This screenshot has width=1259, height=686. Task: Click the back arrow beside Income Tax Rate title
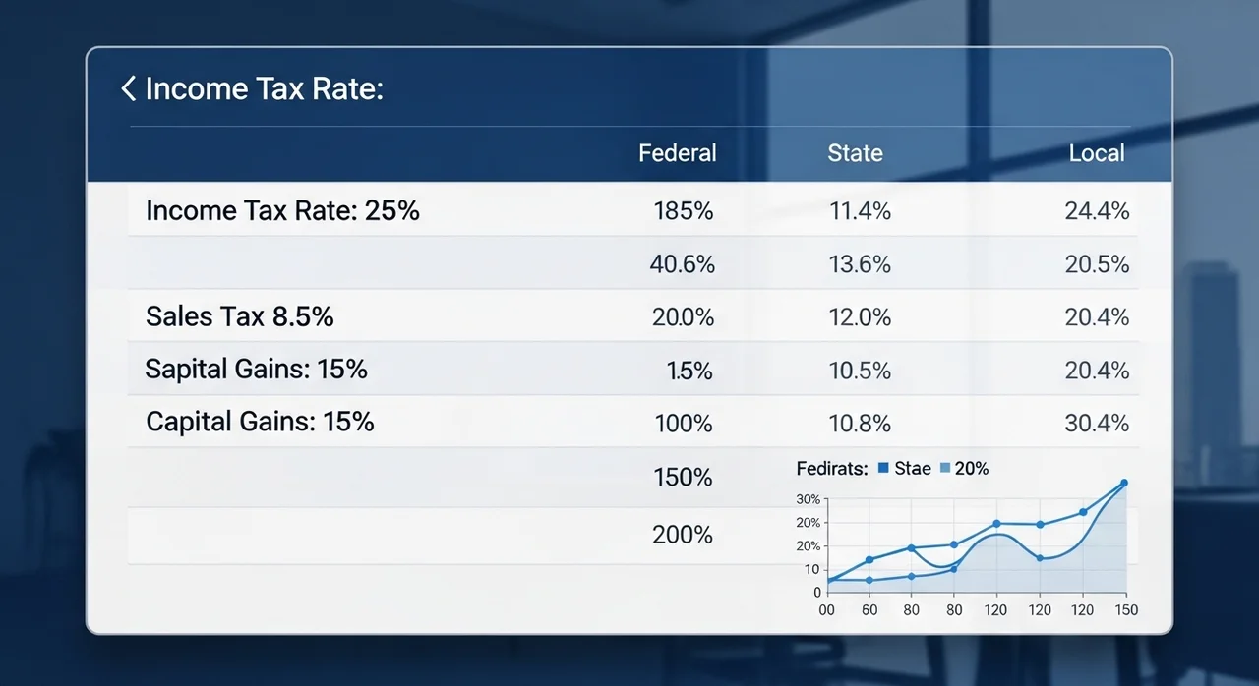pyautogui.click(x=128, y=89)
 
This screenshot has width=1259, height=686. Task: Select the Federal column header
pyautogui.click(x=677, y=153)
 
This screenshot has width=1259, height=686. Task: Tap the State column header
pyautogui.click(x=855, y=153)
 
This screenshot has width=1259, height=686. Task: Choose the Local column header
pyautogui.click(x=1097, y=153)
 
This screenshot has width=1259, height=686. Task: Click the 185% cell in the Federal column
pyautogui.click(x=683, y=211)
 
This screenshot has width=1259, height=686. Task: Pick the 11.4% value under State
pyautogui.click(x=860, y=211)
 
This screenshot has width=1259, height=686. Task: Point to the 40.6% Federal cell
pyautogui.click(x=682, y=264)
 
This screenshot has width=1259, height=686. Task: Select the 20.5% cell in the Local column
pyautogui.click(x=1097, y=264)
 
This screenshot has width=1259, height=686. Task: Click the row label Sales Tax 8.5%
pyautogui.click(x=240, y=316)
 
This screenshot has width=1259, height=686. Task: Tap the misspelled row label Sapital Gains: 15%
pyautogui.click(x=256, y=370)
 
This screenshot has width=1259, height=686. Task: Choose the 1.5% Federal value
pyautogui.click(x=689, y=371)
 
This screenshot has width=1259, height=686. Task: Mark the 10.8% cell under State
pyautogui.click(x=860, y=424)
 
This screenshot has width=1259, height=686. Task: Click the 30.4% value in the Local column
pyautogui.click(x=1097, y=424)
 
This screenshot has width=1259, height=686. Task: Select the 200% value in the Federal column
pyautogui.click(x=683, y=536)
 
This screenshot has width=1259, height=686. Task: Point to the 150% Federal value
pyautogui.click(x=683, y=479)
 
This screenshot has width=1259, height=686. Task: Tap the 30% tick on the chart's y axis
pyautogui.click(x=808, y=499)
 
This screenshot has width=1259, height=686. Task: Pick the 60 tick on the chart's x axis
pyautogui.click(x=869, y=610)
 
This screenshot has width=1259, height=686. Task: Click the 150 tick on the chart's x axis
pyautogui.click(x=1126, y=610)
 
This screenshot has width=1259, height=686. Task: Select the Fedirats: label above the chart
pyautogui.click(x=831, y=469)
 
